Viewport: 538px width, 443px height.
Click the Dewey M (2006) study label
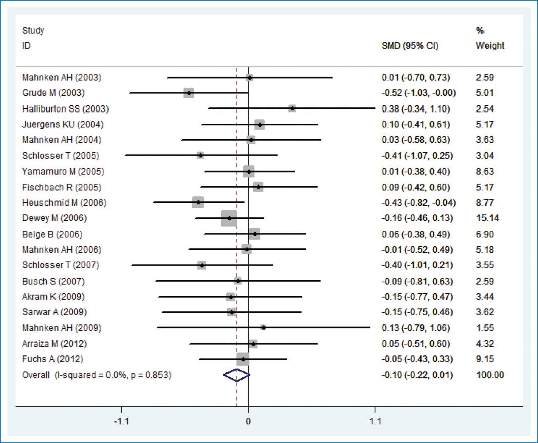[55, 218]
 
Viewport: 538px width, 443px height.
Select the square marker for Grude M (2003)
[189, 93]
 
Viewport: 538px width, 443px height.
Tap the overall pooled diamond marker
[236, 375]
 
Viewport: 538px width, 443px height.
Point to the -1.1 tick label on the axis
[121, 421]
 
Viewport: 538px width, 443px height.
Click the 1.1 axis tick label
[375, 421]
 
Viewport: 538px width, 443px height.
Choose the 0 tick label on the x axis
[248, 421]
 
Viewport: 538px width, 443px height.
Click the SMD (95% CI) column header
[410, 46]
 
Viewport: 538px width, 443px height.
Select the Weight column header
[490, 46]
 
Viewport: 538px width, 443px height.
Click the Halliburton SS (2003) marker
[292, 108]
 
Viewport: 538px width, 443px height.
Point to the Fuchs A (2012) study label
[52, 359]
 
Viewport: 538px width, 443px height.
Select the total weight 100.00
[490, 375]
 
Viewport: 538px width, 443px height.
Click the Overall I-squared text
[96, 375]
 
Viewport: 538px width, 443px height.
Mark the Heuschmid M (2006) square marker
[198, 202]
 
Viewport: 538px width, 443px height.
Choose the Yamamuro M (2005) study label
[63, 171]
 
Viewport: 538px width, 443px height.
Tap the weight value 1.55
[485, 328]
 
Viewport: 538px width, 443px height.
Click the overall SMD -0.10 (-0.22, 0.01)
[417, 375]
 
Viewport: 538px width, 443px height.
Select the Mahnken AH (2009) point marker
[263, 327]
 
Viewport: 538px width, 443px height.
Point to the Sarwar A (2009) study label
[54, 312]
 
